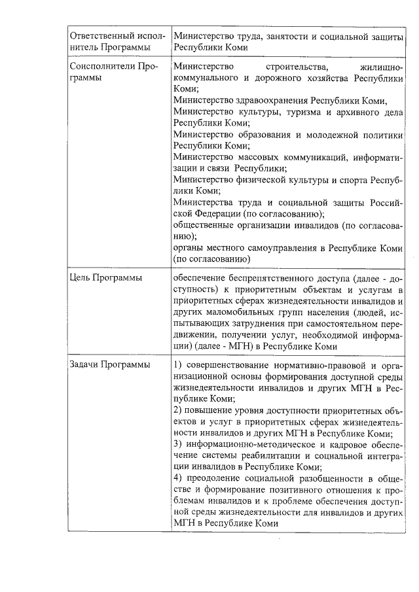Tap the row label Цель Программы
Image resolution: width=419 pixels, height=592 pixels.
106,277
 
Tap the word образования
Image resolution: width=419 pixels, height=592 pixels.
261,134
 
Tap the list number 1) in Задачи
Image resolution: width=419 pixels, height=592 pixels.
178,364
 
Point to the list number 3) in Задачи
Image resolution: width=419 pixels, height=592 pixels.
178,444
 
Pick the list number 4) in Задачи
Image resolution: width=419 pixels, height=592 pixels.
178,478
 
